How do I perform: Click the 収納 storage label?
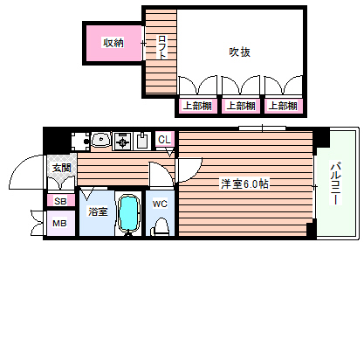point(113,42)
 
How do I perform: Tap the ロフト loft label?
point(162,48)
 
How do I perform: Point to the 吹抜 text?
point(241,52)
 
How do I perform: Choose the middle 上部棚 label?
point(239,106)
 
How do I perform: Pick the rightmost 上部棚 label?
point(282,106)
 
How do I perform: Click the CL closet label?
point(165,140)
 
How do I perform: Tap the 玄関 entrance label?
point(60,169)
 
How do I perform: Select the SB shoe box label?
point(60,201)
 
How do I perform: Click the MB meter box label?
point(60,223)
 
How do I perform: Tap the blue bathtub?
point(129,212)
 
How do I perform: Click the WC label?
point(160,204)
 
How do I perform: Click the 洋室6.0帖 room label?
point(244,184)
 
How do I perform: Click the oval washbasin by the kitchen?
point(99,139)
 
